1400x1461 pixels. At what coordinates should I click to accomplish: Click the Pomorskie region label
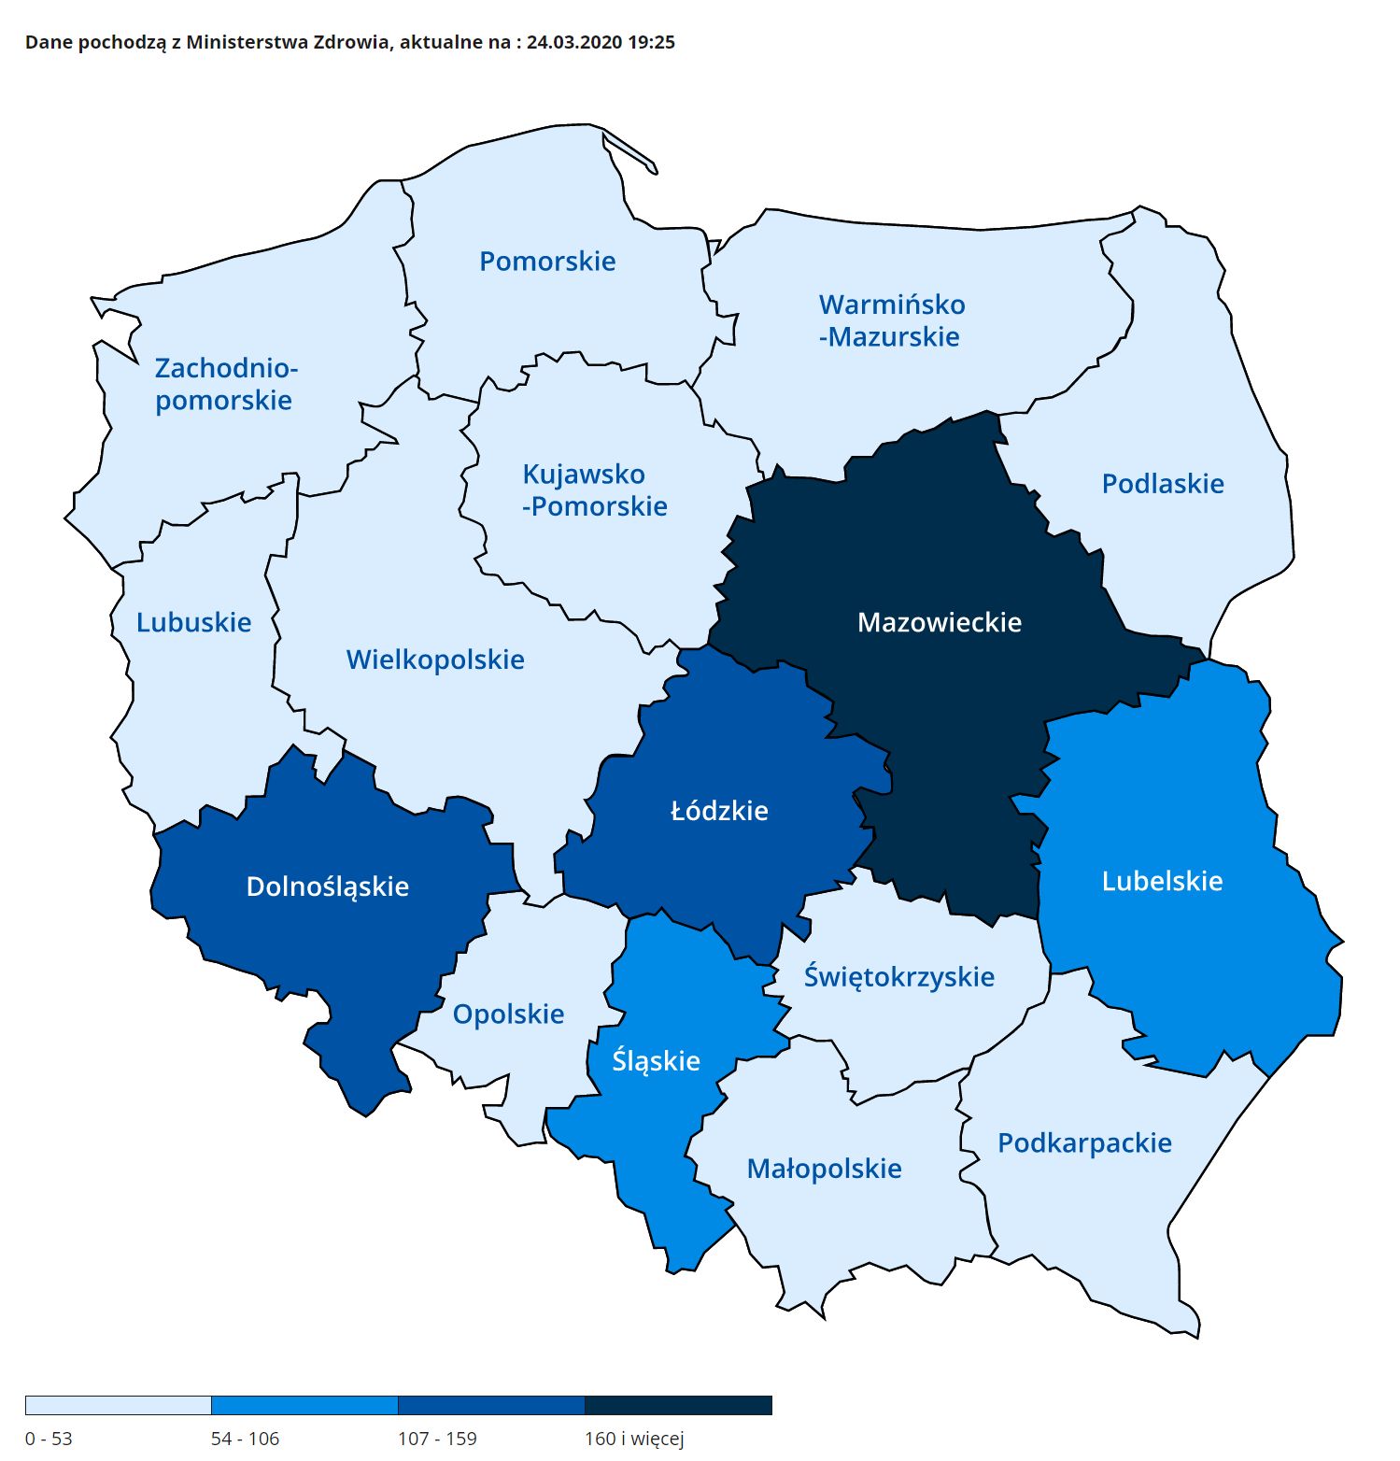pos(547,261)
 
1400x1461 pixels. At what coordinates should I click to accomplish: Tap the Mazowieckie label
pos(940,622)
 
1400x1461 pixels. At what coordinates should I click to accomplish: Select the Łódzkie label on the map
pos(719,810)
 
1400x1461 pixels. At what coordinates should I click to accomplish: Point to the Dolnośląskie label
pos(327,887)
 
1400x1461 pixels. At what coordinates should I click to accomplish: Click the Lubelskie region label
pos(1162,881)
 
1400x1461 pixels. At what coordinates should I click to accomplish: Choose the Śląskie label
pos(656,1061)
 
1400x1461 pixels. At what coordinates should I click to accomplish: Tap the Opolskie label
pos(508,1014)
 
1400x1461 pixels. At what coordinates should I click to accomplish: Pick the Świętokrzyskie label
pos(898,977)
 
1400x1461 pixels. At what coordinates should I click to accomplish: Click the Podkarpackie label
pos(1084,1142)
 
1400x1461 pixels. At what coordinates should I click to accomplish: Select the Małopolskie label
pos(824,1169)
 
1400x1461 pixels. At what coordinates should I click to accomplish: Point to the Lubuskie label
pos(193,622)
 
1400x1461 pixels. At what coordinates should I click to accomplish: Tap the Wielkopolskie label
pos(435,660)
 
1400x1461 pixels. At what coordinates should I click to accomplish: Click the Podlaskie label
pos(1163,484)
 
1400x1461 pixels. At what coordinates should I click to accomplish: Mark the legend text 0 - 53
pos(49,1439)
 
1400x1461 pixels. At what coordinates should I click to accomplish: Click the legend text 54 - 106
pos(245,1439)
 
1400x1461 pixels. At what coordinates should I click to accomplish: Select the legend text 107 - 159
pos(437,1439)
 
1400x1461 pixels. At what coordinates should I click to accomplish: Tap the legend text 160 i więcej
pos(634,1439)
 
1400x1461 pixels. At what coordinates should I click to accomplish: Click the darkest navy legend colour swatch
pos(678,1405)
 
